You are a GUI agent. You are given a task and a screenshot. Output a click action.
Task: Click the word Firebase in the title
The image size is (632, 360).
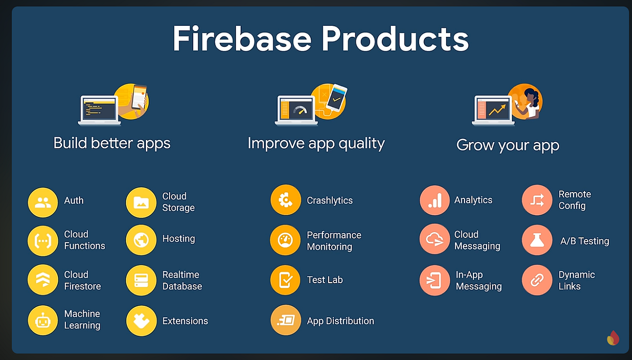242,39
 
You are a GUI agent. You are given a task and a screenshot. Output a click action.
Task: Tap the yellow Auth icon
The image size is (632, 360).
43,203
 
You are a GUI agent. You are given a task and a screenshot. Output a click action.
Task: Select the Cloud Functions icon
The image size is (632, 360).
43,241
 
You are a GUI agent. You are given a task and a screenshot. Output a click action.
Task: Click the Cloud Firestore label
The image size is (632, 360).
83,281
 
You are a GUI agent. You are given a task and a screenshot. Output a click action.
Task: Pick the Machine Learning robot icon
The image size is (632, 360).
43,320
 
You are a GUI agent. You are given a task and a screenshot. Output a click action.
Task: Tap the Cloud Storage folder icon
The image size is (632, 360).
141,203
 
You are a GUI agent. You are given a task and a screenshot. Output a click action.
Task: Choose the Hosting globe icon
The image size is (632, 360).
141,241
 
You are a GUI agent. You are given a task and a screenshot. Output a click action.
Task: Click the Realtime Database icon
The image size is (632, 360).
141,281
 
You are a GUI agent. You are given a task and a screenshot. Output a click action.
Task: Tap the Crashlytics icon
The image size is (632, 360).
285,200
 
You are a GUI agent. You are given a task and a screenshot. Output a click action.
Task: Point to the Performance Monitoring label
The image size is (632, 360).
334,241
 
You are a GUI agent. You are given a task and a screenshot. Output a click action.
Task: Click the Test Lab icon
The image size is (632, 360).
285,281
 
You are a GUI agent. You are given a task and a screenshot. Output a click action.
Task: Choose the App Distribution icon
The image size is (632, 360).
285,321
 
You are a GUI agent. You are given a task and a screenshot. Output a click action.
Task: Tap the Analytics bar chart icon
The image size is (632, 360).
434,201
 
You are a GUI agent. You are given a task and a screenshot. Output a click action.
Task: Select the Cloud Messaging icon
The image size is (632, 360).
434,239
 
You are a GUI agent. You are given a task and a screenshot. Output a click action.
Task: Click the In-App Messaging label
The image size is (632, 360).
478,281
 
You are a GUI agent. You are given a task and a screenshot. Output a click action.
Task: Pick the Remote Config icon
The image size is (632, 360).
537,200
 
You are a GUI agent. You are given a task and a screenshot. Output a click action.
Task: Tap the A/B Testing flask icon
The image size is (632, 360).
537,240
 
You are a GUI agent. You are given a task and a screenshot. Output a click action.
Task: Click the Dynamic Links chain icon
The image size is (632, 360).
537,281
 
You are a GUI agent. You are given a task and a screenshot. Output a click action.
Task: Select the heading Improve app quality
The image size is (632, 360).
316,143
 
